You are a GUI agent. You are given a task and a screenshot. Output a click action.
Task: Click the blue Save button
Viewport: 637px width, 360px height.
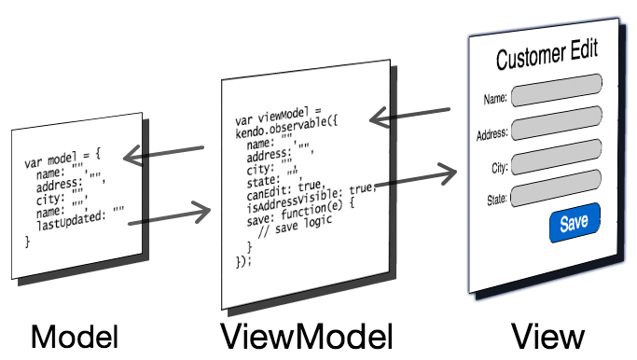575,222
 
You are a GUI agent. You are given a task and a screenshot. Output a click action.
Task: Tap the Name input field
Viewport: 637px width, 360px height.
557,90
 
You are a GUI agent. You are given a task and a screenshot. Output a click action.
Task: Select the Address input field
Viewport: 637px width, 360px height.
557,123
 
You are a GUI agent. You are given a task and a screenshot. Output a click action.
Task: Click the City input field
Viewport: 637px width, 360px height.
557,157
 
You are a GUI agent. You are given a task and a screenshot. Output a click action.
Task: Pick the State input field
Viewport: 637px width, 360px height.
556,188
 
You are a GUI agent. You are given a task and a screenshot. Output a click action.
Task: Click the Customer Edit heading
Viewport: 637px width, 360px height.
547,54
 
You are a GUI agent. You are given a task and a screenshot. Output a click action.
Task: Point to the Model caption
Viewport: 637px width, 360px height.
75,337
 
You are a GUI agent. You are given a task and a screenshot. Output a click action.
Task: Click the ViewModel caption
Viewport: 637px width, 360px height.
307,336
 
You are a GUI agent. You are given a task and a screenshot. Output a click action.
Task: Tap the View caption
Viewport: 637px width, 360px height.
547,336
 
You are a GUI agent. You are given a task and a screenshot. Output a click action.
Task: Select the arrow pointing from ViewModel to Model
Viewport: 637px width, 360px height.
163,153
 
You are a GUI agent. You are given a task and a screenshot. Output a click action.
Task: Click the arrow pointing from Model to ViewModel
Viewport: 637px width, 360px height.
170,215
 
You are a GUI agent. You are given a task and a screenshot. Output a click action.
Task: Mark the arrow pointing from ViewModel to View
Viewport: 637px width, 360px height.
416,177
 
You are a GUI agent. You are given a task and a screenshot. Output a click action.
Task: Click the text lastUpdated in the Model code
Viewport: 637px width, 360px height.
70,220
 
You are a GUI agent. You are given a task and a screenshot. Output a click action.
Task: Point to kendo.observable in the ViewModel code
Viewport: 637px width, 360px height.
281,128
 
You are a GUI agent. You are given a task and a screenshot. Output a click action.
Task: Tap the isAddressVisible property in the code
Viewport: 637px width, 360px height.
291,201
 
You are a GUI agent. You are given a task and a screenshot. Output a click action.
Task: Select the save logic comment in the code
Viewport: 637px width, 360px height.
296,228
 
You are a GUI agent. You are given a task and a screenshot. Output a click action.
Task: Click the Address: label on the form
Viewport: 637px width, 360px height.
492,134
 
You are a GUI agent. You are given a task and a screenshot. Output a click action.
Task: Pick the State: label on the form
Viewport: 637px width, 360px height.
497,199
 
